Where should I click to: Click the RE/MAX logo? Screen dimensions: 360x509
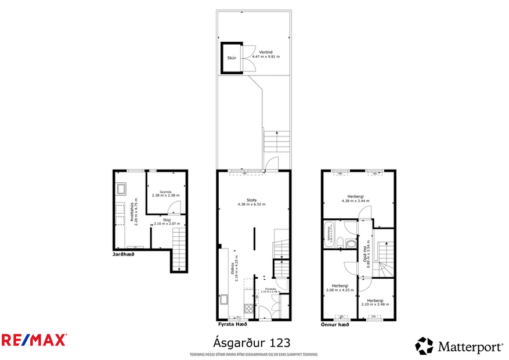pos(34,340)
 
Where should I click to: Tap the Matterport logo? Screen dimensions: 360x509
pos(459,347)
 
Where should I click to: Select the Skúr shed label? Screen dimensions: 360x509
pos(231,59)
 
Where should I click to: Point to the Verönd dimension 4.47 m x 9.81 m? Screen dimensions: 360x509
pos(266,57)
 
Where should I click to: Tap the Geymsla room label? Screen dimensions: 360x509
pos(165,191)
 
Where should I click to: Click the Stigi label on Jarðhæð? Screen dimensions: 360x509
pos(167,219)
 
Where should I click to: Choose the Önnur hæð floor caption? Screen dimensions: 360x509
pos(335,325)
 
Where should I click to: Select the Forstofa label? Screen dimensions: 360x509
pos(270,289)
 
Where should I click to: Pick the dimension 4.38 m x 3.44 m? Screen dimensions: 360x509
pos(355,201)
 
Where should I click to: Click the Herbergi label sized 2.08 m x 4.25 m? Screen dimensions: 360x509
pos(340,286)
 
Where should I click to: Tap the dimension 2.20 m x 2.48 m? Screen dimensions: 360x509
pos(374,304)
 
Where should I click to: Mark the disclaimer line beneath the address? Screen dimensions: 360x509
pos(254,354)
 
